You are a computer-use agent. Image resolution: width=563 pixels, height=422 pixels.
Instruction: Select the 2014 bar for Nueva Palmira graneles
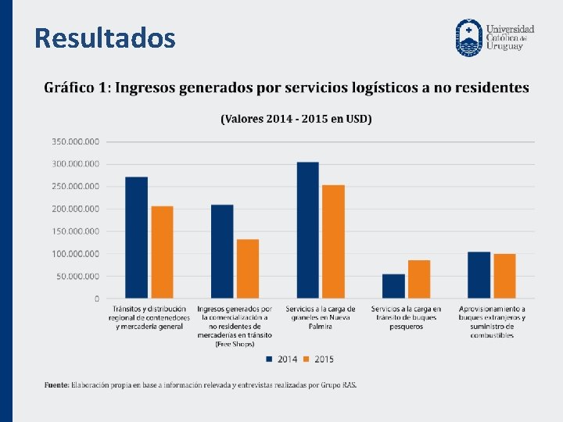[x=307, y=230]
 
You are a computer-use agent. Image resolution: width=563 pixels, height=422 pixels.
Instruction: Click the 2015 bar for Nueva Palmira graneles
[x=333, y=241]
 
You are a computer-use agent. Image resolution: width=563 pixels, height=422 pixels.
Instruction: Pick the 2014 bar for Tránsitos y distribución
[x=136, y=238]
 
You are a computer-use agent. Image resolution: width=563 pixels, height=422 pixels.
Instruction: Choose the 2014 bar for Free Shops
[x=222, y=251]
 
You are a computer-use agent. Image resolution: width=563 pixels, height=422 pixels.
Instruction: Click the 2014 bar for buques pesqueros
[x=393, y=286]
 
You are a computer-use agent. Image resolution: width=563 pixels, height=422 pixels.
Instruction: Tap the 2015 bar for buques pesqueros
[x=419, y=279]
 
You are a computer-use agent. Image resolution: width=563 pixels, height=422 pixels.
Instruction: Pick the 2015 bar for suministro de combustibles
[x=504, y=276]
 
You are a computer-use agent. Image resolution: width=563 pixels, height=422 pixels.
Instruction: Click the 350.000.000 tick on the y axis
[x=76, y=141]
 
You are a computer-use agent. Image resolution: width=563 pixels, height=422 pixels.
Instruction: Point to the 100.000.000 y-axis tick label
[x=76, y=254]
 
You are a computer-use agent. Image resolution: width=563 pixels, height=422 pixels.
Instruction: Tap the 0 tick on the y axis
[x=97, y=299]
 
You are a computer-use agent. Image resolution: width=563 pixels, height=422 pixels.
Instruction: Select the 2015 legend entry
[x=319, y=359]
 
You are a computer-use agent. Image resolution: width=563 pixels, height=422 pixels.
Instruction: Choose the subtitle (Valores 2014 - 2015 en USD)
[x=296, y=119]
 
